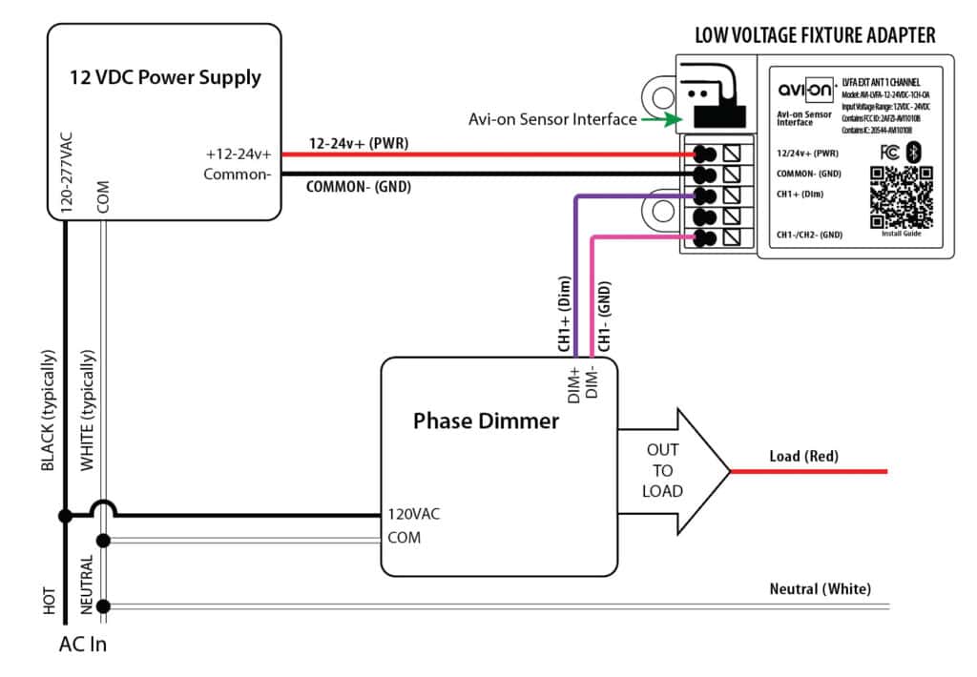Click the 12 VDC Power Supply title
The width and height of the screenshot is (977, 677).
click(164, 77)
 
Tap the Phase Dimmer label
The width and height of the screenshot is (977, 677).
click(486, 421)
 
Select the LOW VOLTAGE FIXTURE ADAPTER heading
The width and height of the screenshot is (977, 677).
click(815, 36)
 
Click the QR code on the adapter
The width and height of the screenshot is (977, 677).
click(900, 197)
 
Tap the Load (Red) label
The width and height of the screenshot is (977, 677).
click(803, 457)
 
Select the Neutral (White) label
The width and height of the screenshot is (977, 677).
click(820, 589)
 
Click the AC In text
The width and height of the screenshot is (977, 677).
click(83, 645)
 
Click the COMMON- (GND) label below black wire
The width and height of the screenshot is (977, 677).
click(358, 187)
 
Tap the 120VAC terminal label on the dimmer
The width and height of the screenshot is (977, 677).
click(413, 514)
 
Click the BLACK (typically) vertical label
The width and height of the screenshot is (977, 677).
click(49, 411)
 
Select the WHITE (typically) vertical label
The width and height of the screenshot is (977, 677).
click(88, 411)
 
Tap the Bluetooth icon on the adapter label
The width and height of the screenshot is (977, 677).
click(912, 152)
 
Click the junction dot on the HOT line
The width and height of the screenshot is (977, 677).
click(65, 516)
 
